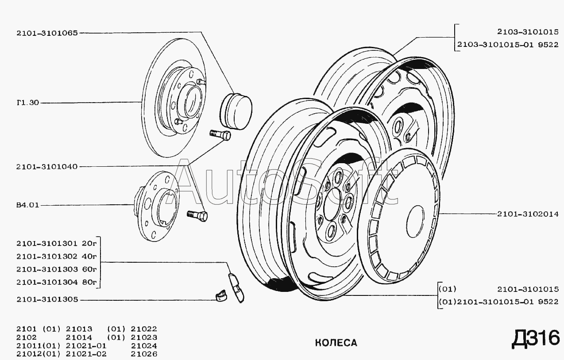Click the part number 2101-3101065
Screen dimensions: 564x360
[x=47, y=33]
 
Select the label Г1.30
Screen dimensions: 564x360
[x=28, y=103]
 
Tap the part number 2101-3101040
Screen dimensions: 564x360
[x=47, y=167]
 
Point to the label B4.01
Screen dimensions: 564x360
[x=28, y=205]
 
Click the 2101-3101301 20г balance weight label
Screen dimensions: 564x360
[x=57, y=243]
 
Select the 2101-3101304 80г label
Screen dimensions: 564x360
[x=57, y=282]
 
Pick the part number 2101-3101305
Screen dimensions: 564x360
[x=47, y=299]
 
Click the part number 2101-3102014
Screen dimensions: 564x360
[x=528, y=214]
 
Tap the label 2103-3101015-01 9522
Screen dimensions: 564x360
[x=508, y=45]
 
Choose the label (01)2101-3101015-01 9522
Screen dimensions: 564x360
[x=498, y=302]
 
